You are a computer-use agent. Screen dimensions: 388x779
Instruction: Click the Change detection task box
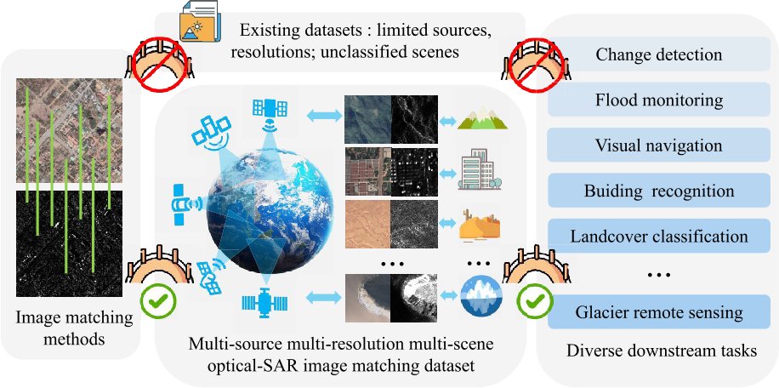(x=659, y=55)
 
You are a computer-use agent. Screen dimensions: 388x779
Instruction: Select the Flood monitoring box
(x=659, y=100)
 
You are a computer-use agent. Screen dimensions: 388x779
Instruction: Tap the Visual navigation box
(x=659, y=145)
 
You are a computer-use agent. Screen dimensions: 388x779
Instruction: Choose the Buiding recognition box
(x=659, y=190)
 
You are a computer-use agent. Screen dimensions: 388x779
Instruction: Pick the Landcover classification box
(x=659, y=235)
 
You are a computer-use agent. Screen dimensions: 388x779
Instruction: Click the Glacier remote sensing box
(x=659, y=312)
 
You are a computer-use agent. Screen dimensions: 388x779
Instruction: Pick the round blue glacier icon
(x=480, y=298)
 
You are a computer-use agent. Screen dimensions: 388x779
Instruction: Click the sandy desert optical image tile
(x=367, y=225)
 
